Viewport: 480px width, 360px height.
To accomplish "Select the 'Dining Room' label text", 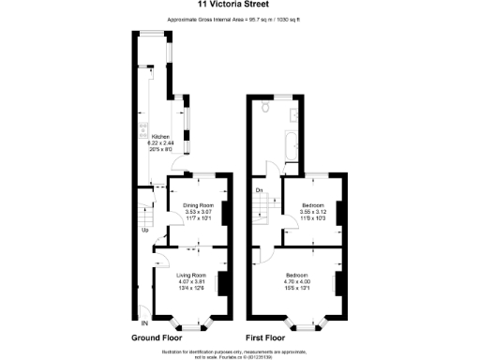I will tap(198, 205).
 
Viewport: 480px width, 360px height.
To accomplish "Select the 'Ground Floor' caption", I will tap(157, 337).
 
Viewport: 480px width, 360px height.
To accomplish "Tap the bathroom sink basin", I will tap(293, 115).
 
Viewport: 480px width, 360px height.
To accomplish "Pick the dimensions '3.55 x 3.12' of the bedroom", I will tap(312, 212).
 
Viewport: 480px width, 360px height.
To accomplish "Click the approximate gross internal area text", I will tap(239, 20).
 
